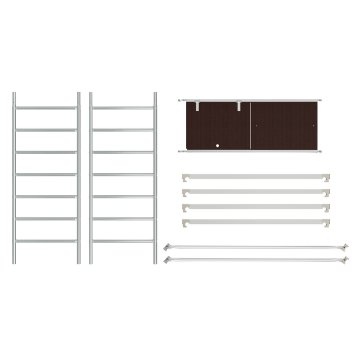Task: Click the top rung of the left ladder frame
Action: [45, 107]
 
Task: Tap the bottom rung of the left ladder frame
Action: [45, 241]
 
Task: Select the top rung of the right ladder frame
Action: [123, 107]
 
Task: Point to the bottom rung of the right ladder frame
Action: [123, 241]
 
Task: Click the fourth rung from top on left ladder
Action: [45, 174]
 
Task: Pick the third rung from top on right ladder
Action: [123, 152]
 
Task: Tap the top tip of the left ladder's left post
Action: [14, 94]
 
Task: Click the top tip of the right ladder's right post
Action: [155, 94]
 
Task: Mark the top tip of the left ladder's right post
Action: [77, 94]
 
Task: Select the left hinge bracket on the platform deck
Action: [197, 106]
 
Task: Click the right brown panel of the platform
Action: [287, 126]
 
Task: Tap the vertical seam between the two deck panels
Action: [252, 126]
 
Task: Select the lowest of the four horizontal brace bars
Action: [255, 223]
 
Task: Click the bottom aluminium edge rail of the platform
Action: [252, 152]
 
